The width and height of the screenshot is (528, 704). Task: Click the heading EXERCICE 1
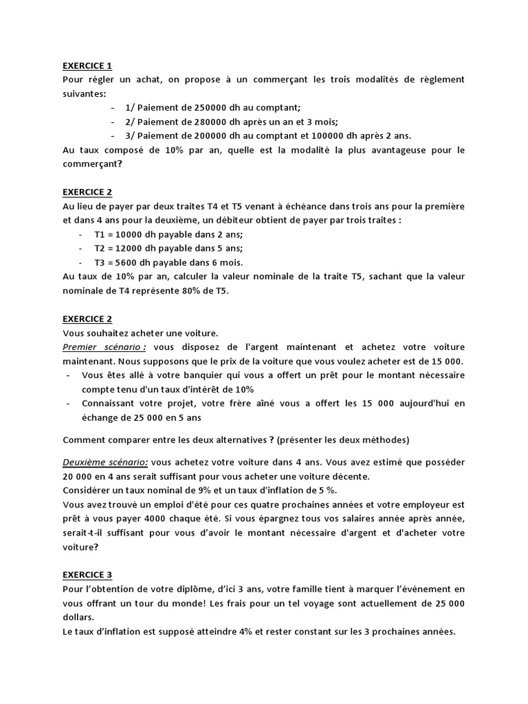[87, 66]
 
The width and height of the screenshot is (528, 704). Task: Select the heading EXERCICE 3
[87, 575]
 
